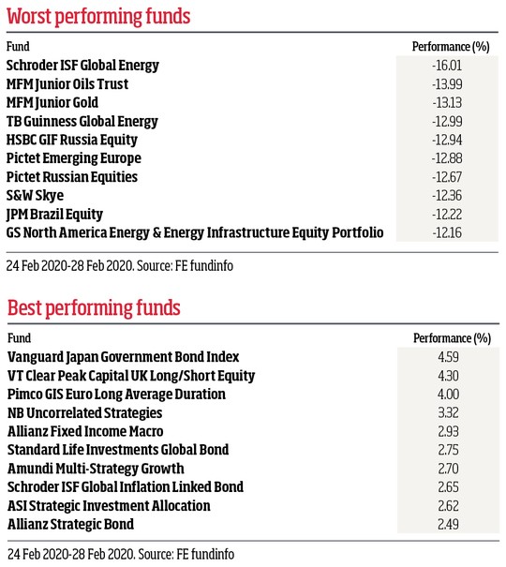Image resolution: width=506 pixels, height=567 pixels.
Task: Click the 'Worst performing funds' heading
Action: [98, 17]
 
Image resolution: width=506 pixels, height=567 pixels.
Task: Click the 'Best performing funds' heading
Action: [94, 308]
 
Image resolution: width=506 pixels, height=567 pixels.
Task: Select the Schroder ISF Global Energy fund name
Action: [82, 66]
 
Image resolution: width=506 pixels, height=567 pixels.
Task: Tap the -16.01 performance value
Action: [447, 66]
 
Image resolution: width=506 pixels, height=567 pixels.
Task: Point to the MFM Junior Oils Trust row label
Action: [67, 84]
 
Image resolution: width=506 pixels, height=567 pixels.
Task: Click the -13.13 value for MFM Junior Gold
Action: [447, 103]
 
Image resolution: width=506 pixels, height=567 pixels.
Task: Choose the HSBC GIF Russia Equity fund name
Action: [72, 140]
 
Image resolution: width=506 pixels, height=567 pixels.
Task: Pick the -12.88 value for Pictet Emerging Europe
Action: [447, 158]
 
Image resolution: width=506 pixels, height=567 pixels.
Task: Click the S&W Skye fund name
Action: [35, 196]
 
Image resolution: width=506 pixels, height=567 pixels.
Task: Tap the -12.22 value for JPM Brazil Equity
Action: [447, 215]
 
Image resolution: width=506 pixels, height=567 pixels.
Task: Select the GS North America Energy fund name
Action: [195, 232]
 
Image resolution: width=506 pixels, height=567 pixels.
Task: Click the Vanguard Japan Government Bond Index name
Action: [124, 357]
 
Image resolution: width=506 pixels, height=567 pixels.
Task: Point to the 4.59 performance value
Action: [448, 357]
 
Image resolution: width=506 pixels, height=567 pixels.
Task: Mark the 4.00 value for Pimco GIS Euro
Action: [448, 395]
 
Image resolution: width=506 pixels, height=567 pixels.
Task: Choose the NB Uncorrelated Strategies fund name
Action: [85, 413]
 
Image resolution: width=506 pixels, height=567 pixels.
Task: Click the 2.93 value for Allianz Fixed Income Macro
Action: [448, 432]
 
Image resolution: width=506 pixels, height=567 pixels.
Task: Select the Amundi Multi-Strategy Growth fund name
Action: [96, 469]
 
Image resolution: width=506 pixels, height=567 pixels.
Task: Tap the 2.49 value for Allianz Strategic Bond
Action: [448, 525]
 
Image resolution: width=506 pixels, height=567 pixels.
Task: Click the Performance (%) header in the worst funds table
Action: [451, 47]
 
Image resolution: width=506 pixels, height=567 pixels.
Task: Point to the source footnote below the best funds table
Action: [121, 554]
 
